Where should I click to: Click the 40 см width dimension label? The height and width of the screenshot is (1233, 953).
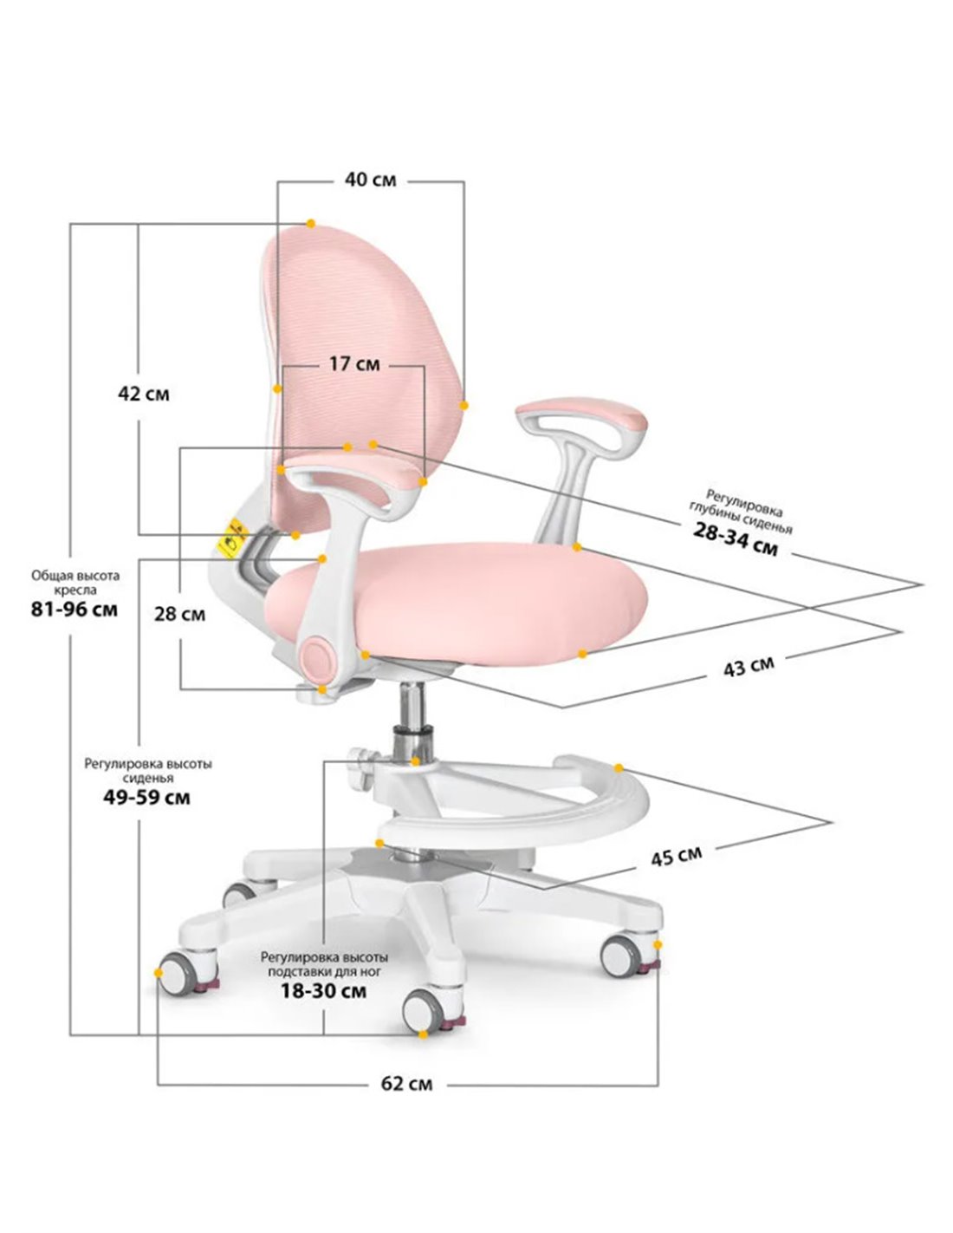370,179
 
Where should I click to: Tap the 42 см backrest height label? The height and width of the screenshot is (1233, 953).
144,394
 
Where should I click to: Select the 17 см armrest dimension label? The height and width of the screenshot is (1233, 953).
354,363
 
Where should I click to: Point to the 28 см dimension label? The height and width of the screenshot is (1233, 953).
179,614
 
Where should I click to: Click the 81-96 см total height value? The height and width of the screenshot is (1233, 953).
75,610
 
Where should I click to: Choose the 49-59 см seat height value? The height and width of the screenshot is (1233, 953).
146,798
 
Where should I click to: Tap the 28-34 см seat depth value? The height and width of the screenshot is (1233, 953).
736,543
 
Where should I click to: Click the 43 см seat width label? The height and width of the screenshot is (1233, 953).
749,667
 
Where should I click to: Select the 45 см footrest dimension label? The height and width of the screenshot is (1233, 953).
676,856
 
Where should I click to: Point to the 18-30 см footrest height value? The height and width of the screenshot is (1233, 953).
324,991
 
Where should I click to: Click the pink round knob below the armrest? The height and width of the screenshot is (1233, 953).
320,657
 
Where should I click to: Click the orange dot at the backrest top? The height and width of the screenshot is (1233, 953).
310,224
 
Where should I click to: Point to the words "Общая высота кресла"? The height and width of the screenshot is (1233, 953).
75,582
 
